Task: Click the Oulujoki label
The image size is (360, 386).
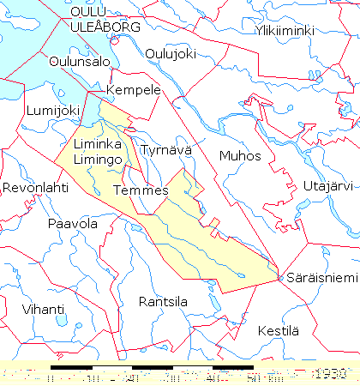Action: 171,53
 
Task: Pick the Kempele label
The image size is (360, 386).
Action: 133,90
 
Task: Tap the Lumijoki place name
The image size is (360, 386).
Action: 52,110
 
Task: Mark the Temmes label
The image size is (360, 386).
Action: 140,190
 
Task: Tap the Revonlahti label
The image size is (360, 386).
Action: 35,187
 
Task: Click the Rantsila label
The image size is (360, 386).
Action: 164,301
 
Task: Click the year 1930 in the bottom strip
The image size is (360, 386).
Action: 329,375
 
